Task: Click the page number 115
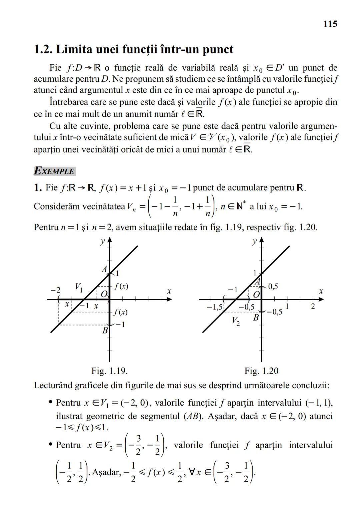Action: coord(330,24)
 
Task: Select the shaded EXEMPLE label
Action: coord(55,171)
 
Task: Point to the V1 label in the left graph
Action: coord(79,287)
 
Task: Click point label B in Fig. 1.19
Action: coord(105,330)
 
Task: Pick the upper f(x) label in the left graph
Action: coord(121,286)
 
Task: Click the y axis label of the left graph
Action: coord(102,241)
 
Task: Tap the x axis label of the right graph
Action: coord(321,291)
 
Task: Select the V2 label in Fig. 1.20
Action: coord(236,321)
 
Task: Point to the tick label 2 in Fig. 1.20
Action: coord(313,306)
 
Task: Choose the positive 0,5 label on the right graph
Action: coord(273,286)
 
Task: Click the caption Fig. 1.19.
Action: coord(110,371)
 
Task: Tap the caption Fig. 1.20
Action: coord(261,371)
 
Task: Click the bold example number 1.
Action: coord(37,187)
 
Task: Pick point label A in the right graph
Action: coord(257,282)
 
